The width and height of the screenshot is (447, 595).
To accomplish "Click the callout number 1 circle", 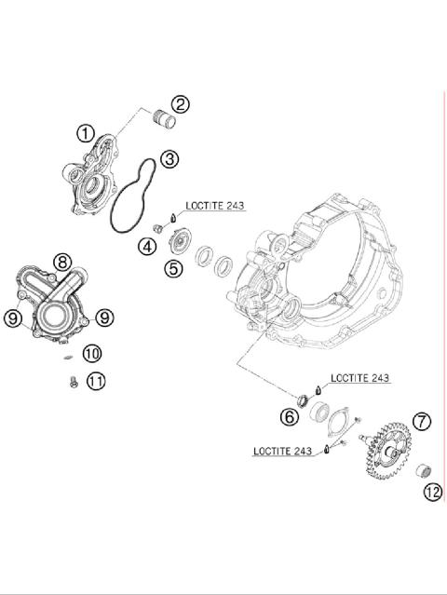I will tap(85, 134).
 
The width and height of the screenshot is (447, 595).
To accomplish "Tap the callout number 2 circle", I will tap(180, 104).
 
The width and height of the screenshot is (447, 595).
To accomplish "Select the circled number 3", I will tap(169, 159).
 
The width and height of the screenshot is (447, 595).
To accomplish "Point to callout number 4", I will tap(147, 247).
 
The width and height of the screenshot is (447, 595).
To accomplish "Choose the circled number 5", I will tap(173, 269).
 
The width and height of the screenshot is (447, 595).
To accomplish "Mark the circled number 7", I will tap(422, 421).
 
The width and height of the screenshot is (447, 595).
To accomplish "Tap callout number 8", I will tap(61, 263).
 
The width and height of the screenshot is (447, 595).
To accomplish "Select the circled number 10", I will tap(91, 353).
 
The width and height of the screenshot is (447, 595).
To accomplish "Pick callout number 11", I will tap(95, 380).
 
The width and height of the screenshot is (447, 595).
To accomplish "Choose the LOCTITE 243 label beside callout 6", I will tap(359, 379).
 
